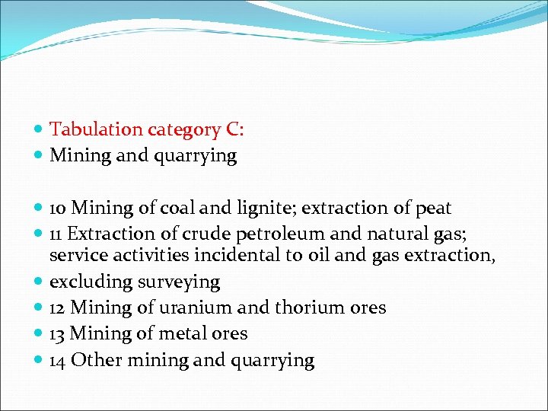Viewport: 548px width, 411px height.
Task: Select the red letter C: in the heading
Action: [234, 130]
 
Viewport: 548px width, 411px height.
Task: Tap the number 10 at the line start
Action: [58, 209]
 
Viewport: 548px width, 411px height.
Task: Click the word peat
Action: [433, 209]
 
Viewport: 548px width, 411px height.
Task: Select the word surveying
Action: [179, 282]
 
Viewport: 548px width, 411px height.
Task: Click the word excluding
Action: [91, 282]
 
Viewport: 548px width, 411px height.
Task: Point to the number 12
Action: [58, 308]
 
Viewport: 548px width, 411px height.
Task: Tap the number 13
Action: [58, 334]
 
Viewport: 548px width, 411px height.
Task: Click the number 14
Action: [58, 360]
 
